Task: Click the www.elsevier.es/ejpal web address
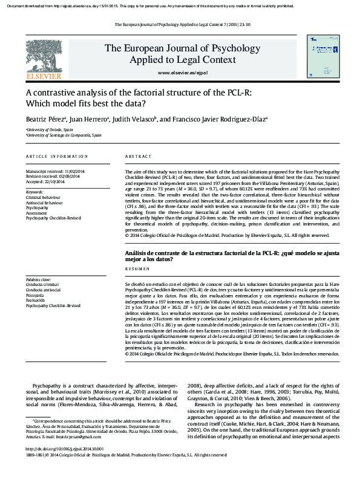tap(182, 73)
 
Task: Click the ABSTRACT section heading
tap(137, 157)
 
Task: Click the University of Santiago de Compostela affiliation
tap(64, 135)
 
